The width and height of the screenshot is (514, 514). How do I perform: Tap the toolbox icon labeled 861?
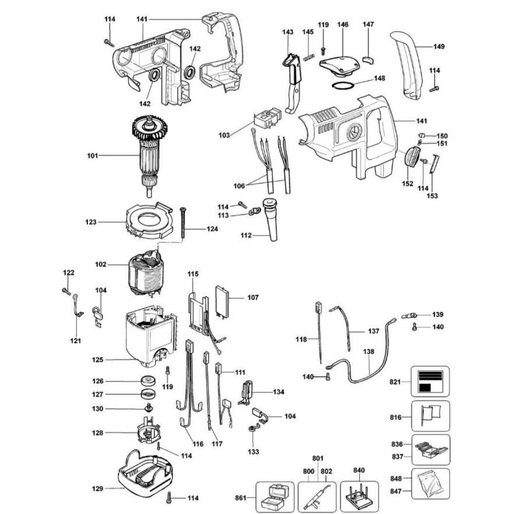274,497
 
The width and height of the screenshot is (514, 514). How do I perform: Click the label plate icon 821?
430,381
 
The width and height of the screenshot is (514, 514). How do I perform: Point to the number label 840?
359,470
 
